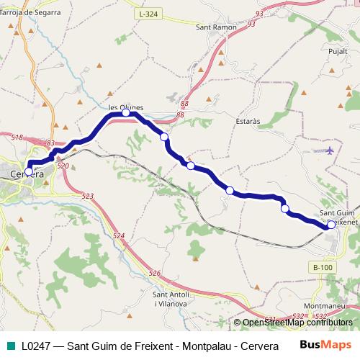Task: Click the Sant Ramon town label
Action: (216, 27)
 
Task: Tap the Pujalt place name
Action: (337, 53)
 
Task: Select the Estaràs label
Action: (247, 122)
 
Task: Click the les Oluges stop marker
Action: (126, 113)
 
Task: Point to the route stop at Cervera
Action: (29, 171)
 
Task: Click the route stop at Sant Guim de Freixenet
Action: (330, 225)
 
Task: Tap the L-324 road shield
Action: (148, 14)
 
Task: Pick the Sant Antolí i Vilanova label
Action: (171, 299)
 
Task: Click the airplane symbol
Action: (330, 150)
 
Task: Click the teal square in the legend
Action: (9, 346)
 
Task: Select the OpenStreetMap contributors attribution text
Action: (297, 323)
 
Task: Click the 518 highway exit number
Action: (17, 138)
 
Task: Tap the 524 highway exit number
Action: (119, 236)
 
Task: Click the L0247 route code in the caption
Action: (36, 346)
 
